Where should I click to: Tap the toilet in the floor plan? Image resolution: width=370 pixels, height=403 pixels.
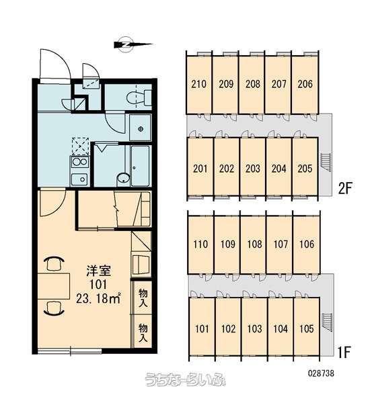pos(139,97)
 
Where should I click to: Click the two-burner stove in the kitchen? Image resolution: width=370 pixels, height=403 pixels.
pos(79,162)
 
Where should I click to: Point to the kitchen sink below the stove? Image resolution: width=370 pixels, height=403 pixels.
pos(79,179)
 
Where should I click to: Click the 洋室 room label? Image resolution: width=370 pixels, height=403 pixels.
pos(98,271)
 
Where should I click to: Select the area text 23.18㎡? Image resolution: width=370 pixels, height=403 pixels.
pos(98,298)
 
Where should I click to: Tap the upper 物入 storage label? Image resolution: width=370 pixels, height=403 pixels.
pos(143,298)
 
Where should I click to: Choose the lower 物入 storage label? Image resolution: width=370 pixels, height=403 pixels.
pos(143,333)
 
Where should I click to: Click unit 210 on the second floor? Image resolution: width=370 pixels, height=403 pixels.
pos(198,84)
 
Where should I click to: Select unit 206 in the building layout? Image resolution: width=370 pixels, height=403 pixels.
pos(305,84)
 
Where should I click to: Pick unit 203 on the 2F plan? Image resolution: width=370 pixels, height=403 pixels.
pos(252,169)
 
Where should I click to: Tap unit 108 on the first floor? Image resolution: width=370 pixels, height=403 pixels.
pos(254,244)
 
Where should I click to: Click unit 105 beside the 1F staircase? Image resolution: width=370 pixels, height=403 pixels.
pos(306,328)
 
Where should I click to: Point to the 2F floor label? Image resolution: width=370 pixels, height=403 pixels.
pos(344,189)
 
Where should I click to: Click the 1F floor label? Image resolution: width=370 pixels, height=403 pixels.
pos(344,352)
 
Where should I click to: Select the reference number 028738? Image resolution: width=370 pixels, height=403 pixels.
pos(321,373)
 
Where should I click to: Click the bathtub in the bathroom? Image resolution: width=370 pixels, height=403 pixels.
pos(140,166)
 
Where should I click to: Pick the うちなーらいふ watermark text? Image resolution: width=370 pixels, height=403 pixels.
pos(186,379)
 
